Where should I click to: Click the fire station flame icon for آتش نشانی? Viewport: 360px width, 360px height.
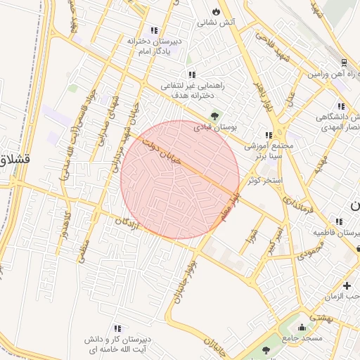[x=216, y=12]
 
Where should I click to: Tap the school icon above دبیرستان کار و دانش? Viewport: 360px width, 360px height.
[x=117, y=328]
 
